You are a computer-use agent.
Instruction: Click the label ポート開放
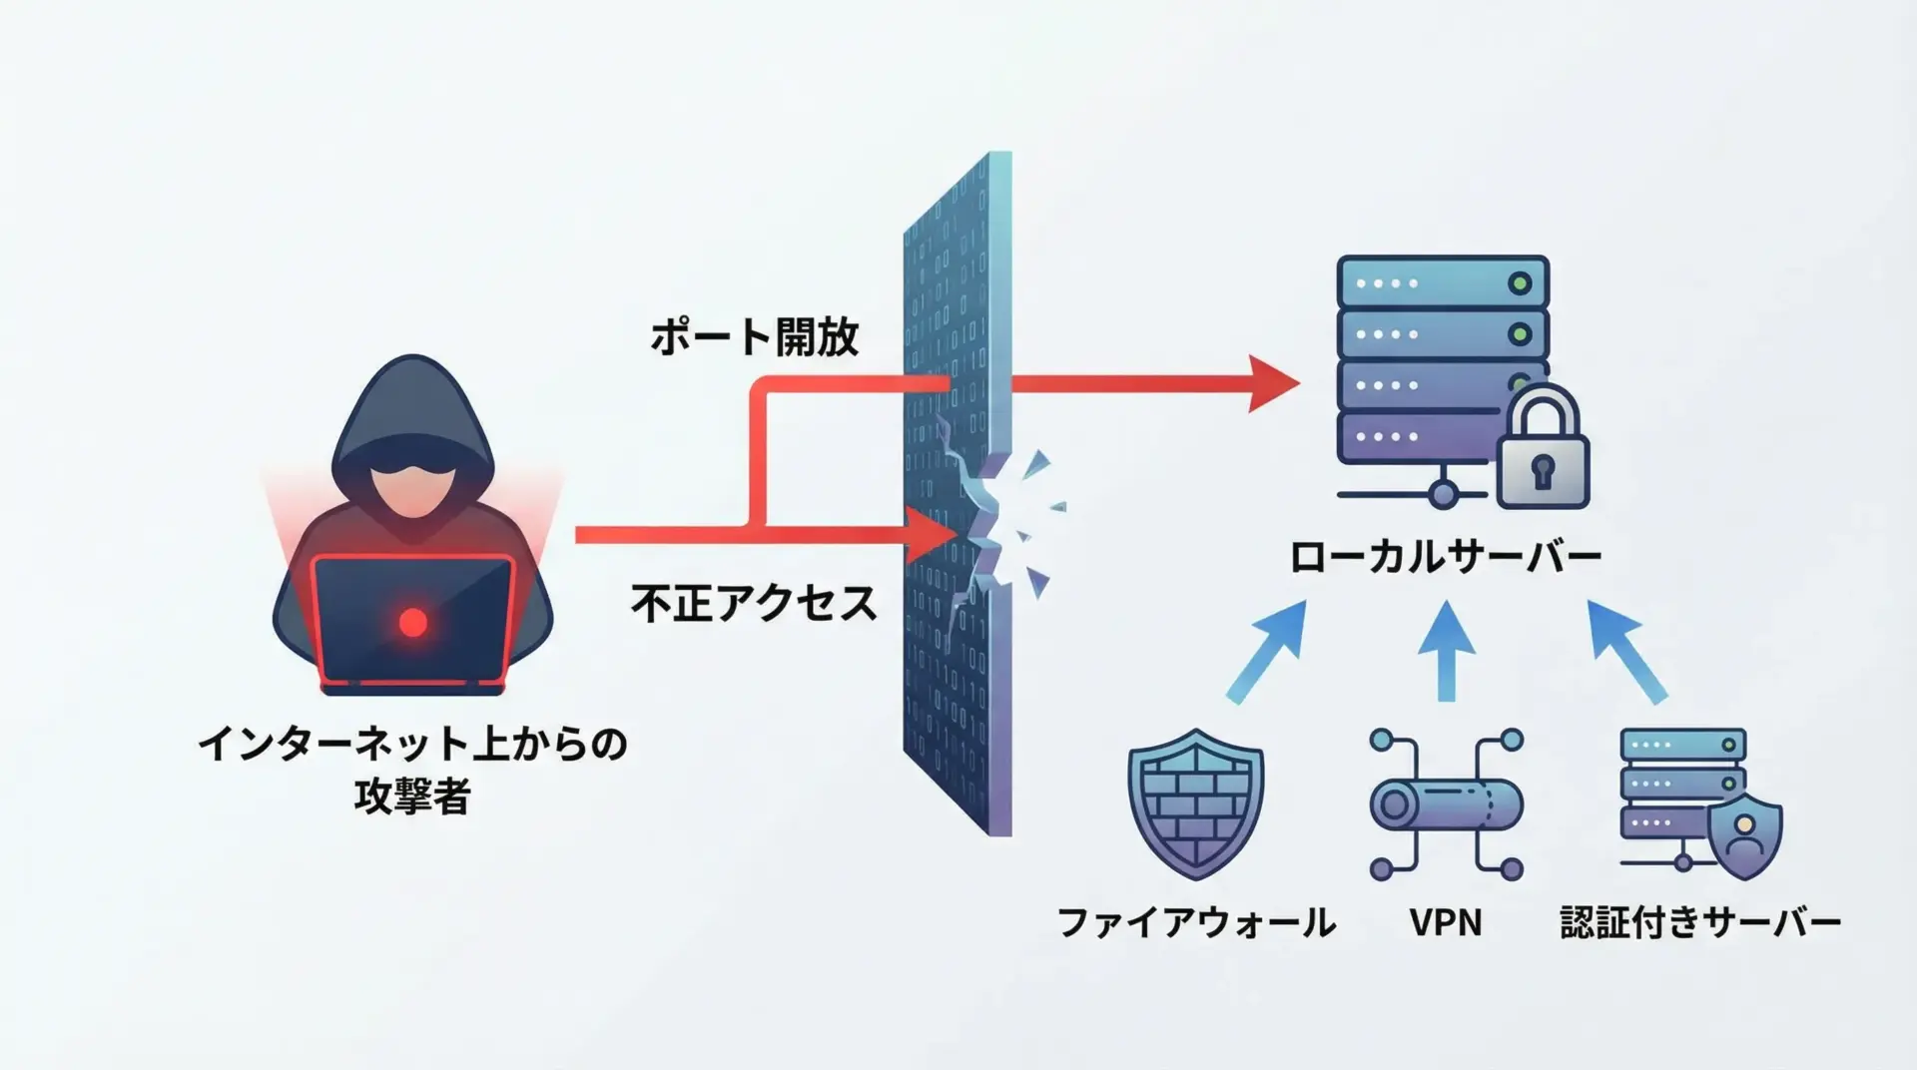pos(754,337)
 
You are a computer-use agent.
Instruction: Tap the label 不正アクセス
pos(754,604)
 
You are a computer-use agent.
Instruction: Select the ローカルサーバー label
pos(1445,557)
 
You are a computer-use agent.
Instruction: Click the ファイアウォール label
pos(1196,922)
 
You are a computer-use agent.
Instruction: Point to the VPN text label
pos(1445,922)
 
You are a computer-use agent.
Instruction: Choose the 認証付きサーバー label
pos(1700,922)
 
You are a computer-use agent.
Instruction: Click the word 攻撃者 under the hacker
pos(411,797)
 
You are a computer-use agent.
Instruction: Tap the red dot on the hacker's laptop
pos(412,623)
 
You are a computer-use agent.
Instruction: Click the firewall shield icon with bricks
pos(1195,803)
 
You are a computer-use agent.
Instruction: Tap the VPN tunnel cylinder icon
pos(1446,804)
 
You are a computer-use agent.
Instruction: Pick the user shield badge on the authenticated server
pos(1744,836)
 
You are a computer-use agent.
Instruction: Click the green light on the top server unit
pos(1520,283)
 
